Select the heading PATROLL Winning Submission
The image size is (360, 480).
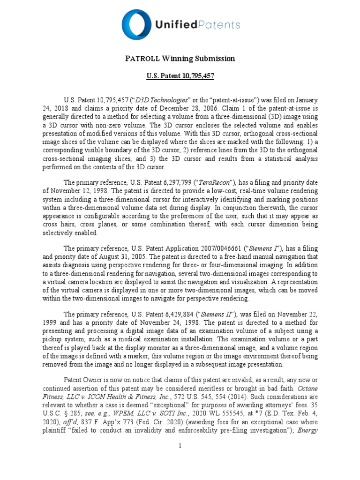[x=180, y=59]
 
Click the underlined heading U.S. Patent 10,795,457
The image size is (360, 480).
[x=180, y=75]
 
